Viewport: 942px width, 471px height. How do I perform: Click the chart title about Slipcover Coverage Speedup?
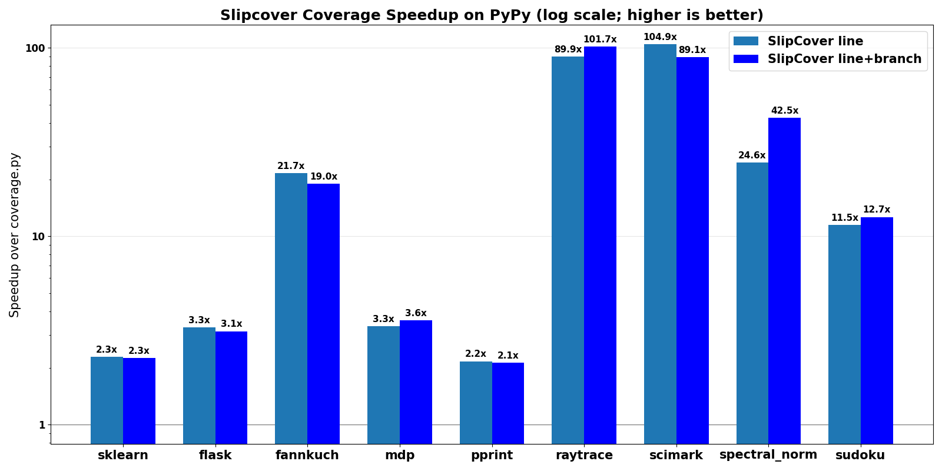tap(492, 15)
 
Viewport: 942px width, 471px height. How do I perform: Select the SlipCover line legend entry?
tap(815, 41)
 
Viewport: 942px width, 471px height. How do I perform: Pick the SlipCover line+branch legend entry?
tap(844, 59)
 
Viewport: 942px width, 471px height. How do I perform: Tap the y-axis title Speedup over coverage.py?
tap(15, 235)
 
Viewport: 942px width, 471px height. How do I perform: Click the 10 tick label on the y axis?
tap(38, 237)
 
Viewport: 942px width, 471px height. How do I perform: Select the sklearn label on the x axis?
tap(122, 455)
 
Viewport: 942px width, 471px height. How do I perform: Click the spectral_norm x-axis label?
tap(768, 455)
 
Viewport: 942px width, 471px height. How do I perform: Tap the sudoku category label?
tap(860, 455)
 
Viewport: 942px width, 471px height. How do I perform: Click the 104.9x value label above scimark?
tap(659, 37)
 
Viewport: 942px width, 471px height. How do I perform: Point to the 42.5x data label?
tap(784, 111)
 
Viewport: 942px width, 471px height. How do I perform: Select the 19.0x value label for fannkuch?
tap(323, 177)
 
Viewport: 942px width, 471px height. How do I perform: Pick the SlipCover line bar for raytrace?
tap(568, 247)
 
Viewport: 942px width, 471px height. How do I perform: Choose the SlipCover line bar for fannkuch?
tap(291, 306)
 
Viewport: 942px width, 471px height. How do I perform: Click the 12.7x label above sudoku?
tap(876, 210)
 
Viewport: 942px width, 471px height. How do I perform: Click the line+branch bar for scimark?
tap(692, 247)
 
